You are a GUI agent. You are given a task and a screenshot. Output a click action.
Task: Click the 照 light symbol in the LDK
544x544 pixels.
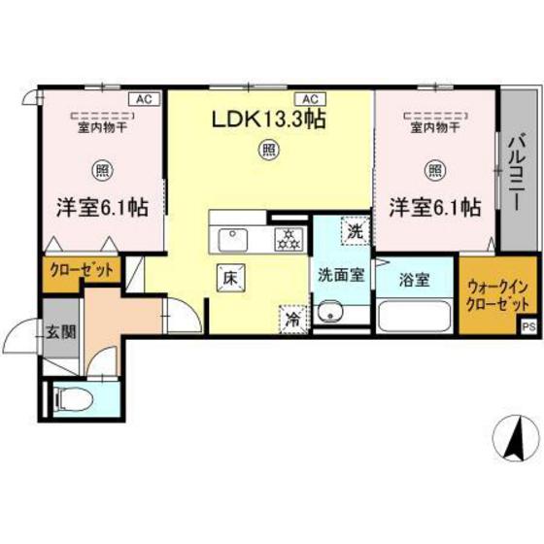(x=265, y=150)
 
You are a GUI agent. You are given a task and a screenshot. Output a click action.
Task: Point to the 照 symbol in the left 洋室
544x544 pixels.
(x=101, y=171)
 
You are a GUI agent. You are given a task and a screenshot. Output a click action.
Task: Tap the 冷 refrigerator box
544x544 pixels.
(x=290, y=317)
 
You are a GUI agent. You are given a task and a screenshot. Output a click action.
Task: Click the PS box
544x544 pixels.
(x=529, y=326)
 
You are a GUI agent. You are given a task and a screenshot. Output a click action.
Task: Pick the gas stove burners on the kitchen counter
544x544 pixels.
(x=288, y=235)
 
